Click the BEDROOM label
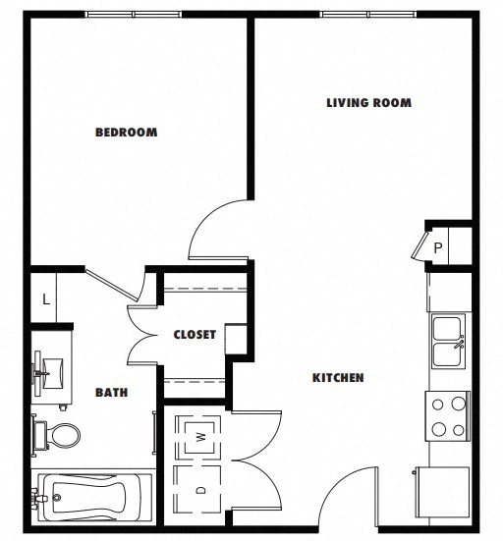point(126,133)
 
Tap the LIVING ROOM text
point(368,102)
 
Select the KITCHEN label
point(338,378)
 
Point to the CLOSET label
point(195,335)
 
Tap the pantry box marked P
point(437,248)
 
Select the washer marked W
point(200,436)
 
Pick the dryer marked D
point(200,489)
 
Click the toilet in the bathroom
point(59,433)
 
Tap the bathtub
point(93,500)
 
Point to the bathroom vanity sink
point(49,372)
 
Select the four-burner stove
point(447,415)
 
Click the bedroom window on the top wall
point(135,15)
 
